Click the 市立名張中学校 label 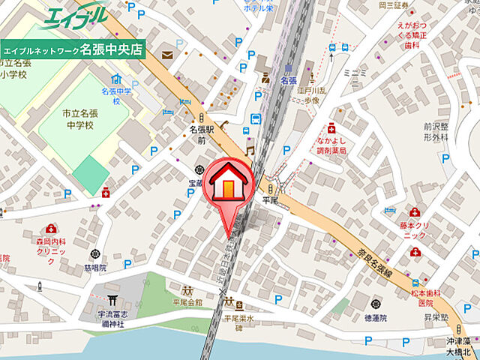[x=79, y=118]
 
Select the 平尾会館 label [x=186, y=302]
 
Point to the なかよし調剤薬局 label [x=331, y=145]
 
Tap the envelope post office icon [x=166, y=55]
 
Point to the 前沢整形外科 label [x=435, y=132]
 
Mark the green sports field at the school [x=90, y=175]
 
